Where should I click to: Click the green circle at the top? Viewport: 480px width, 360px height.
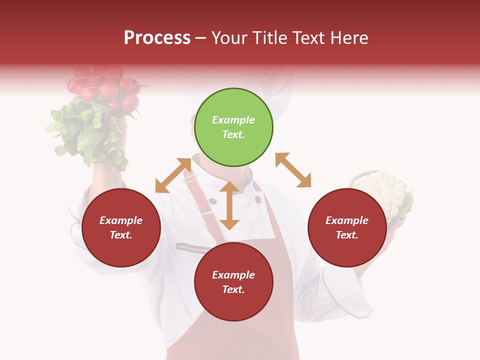(x=233, y=127)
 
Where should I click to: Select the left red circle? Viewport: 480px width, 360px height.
(x=121, y=227)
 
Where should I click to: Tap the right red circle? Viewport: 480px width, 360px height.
(x=347, y=227)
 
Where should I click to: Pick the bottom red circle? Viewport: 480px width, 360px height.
(x=233, y=282)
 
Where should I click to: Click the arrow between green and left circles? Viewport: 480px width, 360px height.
(x=173, y=175)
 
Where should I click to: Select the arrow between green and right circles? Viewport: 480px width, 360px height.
(x=293, y=170)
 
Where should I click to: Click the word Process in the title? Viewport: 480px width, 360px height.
(x=157, y=37)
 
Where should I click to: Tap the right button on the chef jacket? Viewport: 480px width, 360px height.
(x=258, y=199)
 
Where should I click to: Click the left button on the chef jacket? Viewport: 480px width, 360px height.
(x=213, y=201)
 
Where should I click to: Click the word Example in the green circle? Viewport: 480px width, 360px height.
(x=233, y=120)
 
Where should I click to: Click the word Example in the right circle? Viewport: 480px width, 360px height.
(x=347, y=220)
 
